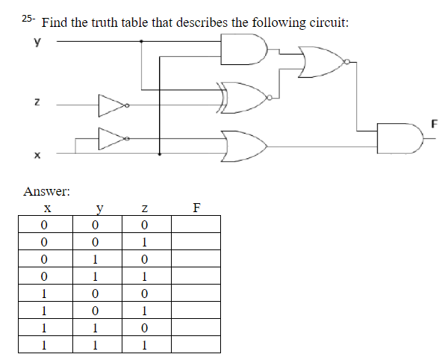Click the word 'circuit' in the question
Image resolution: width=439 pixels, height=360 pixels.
[x=326, y=22]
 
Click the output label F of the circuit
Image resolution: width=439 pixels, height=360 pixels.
[x=434, y=122]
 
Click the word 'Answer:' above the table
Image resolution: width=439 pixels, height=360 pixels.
[x=46, y=190]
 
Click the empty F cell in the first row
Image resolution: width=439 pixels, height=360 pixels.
[x=196, y=225]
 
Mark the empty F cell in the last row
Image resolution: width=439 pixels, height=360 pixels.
[x=196, y=345]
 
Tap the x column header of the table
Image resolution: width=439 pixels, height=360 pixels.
[x=46, y=208]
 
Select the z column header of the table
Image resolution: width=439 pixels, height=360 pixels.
[x=146, y=208]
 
